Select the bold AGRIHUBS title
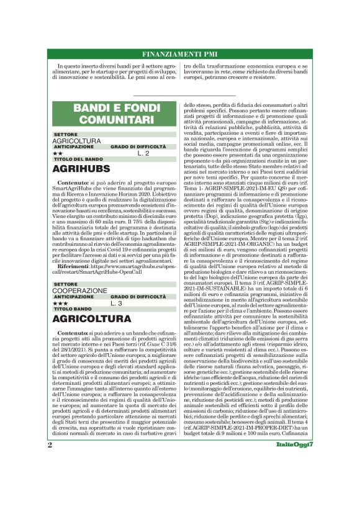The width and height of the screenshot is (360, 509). pos(81,168)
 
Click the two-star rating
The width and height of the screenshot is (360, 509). pos(58,153)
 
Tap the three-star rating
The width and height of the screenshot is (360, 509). pos(60,304)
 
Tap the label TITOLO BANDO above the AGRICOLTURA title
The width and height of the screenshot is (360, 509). pos(71,309)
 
